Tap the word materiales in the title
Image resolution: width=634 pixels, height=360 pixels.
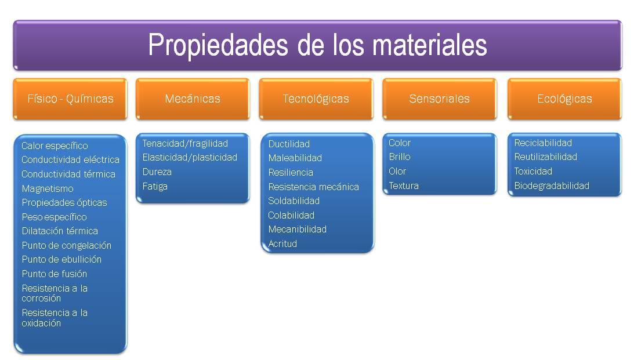430,45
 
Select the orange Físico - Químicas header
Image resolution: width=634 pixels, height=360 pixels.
70,99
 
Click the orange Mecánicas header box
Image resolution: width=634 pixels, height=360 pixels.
193,99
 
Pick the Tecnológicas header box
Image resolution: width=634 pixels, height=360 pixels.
316,99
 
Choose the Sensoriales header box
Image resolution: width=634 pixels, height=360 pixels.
439,99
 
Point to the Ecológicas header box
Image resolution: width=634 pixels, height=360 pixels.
564,99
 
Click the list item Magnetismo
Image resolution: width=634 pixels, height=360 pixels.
48,188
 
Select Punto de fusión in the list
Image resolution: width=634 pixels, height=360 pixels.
55,274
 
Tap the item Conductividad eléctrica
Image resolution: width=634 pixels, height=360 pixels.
70,159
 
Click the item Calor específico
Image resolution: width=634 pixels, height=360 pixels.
55,146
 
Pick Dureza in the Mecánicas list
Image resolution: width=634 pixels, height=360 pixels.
157,172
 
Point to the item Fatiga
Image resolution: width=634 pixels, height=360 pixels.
155,186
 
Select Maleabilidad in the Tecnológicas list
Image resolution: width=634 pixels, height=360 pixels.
295,158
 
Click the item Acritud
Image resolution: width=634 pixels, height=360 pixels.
282,243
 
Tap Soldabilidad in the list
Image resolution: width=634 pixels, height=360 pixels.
294,201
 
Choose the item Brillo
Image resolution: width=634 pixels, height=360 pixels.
399,157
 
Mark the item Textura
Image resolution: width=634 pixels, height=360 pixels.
403,186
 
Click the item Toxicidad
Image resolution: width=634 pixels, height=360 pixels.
533,171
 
